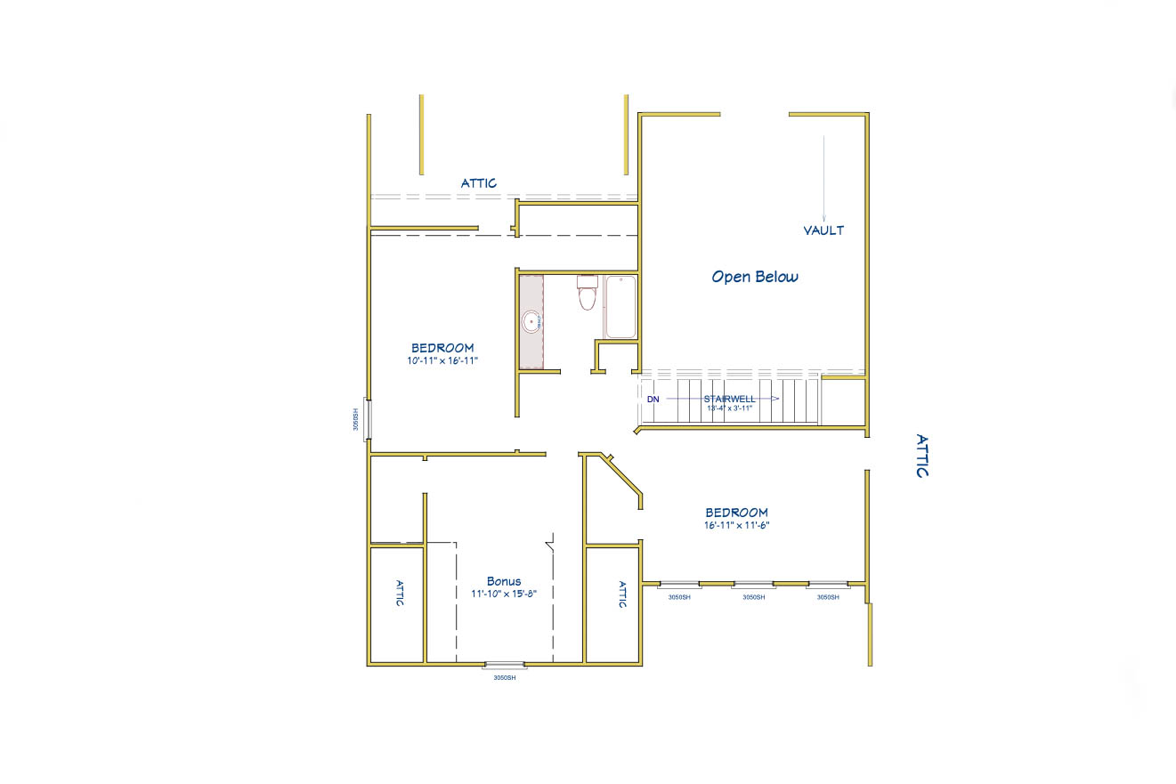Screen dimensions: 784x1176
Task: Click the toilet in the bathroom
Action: (x=587, y=293)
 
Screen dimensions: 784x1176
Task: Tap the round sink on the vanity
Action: (x=531, y=321)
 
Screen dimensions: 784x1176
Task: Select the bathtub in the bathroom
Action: (x=620, y=307)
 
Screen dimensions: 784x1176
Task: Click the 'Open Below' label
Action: (x=755, y=277)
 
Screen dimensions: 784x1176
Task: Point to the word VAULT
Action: (x=823, y=230)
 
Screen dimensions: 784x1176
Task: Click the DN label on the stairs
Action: (x=653, y=399)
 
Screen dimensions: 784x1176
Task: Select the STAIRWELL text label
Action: (x=729, y=399)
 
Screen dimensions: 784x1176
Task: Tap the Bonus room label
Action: (x=504, y=581)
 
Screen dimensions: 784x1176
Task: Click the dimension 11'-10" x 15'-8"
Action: (x=504, y=594)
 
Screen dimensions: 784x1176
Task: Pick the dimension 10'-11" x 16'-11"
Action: (x=442, y=360)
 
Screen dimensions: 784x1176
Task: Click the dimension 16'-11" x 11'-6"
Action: (x=736, y=525)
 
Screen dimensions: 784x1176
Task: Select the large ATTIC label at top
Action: (x=479, y=183)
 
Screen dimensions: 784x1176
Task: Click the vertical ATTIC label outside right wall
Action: (x=922, y=456)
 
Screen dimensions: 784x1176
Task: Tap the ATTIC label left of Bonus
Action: (x=399, y=594)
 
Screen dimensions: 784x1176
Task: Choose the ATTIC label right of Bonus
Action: (x=621, y=594)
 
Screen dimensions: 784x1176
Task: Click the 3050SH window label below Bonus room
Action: (x=505, y=678)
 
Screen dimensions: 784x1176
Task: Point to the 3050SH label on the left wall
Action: (x=355, y=419)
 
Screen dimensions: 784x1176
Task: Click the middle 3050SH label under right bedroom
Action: (x=753, y=597)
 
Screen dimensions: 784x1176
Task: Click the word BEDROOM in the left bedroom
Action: (x=442, y=348)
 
